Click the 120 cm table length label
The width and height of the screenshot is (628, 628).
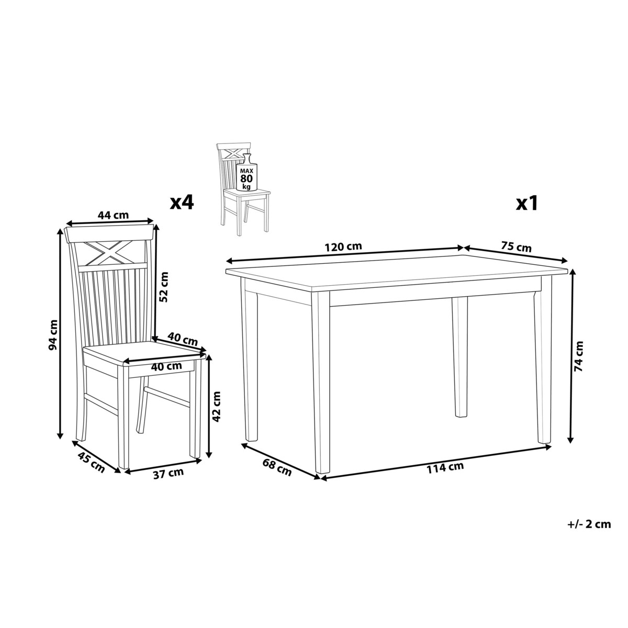click(343, 246)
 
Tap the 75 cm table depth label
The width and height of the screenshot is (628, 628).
click(516, 246)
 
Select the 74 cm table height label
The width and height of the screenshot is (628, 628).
click(578, 356)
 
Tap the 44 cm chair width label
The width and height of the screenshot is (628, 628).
click(113, 215)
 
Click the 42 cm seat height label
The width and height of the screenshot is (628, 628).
click(216, 407)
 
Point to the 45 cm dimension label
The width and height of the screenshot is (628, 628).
click(91, 463)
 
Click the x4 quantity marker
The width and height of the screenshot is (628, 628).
click(182, 204)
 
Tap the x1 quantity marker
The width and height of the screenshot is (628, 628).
click(526, 204)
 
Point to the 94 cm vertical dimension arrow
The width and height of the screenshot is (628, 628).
click(60, 334)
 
